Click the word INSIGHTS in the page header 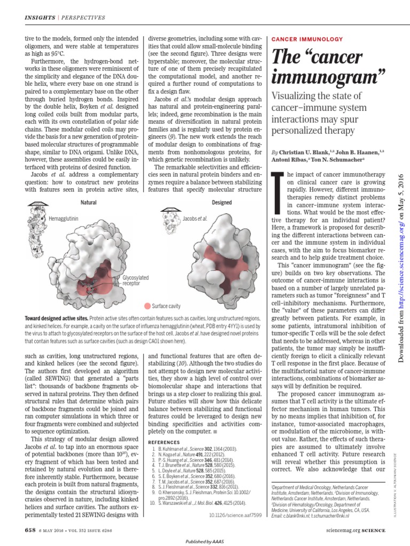click(40, 18)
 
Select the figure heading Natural click(88, 203)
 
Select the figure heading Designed click(222, 203)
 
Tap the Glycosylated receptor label click(136, 281)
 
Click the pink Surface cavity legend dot click(147, 306)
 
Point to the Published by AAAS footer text click(204, 541)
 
